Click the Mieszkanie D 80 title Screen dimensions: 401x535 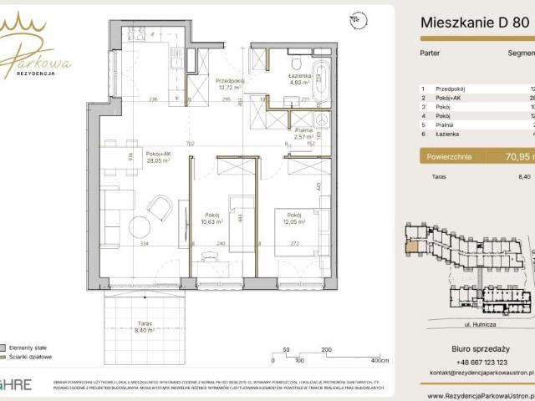(473, 23)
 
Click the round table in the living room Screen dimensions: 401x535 (140, 227)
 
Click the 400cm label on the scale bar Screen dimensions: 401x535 (380, 362)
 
